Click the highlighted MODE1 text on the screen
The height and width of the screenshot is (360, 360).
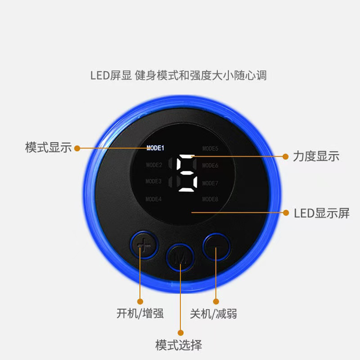156,148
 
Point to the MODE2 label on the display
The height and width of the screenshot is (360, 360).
154,165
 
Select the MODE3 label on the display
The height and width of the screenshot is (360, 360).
154,181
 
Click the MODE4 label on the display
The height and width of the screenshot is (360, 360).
154,199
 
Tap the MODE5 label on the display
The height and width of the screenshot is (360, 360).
210,148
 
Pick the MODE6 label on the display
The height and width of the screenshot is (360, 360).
210,165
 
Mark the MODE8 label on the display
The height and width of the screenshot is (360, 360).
210,199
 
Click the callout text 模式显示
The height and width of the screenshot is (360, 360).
48,148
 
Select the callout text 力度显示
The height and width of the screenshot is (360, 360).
316,157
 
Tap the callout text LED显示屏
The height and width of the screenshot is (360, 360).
321,213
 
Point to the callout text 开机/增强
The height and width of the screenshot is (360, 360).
140,314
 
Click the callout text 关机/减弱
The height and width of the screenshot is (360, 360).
213,314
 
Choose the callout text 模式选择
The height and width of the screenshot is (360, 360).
179,346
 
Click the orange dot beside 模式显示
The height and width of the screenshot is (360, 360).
77,148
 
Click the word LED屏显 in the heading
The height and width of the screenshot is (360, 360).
110,75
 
